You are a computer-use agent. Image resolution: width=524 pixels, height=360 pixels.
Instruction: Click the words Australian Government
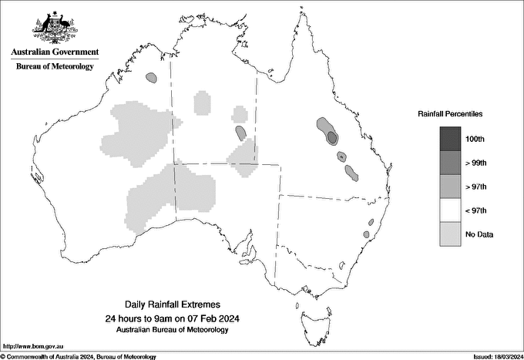[55, 52]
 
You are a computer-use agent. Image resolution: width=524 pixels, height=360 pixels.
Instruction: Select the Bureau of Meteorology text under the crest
[55, 66]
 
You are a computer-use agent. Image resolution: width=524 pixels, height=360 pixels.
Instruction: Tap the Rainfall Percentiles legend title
[450, 114]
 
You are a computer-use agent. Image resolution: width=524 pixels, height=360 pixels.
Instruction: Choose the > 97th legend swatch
[450, 186]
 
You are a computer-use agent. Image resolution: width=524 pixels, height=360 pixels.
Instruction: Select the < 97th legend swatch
[450, 210]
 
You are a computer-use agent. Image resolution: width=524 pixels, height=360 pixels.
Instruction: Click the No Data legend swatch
[450, 234]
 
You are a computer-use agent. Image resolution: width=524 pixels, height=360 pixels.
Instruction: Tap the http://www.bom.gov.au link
[32, 346]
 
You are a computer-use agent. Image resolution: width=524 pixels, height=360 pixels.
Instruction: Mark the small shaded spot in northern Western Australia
[153, 77]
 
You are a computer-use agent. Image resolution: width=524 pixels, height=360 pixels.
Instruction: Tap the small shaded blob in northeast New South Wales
[370, 223]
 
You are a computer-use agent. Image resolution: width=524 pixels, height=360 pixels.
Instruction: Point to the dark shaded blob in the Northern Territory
[241, 133]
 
